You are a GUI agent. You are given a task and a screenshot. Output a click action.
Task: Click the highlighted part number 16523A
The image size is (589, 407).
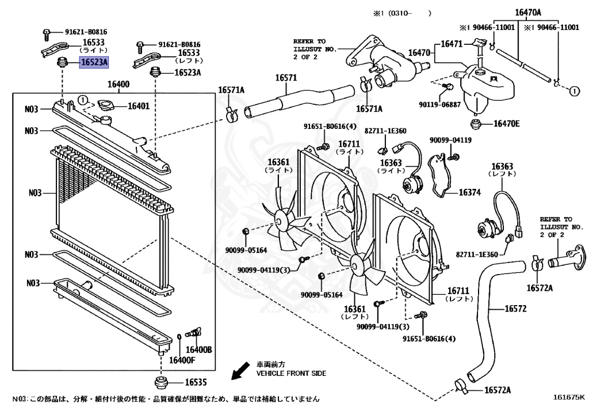pyautogui.click(x=93, y=63)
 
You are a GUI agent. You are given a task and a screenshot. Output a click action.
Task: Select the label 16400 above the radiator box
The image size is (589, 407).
pyautogui.click(x=118, y=85)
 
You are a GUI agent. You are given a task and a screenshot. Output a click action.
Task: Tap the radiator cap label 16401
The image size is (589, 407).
pyautogui.click(x=138, y=106)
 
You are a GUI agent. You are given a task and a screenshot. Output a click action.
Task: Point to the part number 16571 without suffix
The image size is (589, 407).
pyautogui.click(x=285, y=78)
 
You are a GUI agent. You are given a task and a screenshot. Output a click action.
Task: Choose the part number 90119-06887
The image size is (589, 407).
pyautogui.click(x=439, y=104)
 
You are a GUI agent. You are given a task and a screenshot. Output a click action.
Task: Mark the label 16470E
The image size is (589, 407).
pyautogui.click(x=506, y=124)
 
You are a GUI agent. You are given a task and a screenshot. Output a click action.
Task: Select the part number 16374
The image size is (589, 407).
pyautogui.click(x=469, y=193)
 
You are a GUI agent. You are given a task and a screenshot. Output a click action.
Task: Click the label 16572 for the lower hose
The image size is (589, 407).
pyautogui.click(x=515, y=309)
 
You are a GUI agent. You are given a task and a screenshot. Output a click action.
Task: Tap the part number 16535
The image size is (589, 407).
pyautogui.click(x=196, y=382)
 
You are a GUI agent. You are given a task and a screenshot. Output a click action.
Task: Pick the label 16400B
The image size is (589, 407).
pyautogui.click(x=198, y=349)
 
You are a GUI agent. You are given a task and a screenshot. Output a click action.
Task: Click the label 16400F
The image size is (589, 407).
pyautogui.click(x=182, y=360)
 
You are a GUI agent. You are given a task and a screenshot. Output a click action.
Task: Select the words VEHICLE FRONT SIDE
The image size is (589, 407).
pyautogui.click(x=291, y=374)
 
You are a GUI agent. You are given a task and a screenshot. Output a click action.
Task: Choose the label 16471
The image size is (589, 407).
pyautogui.click(x=453, y=44)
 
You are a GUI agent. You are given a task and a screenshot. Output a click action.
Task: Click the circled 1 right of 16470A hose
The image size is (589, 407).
pyautogui.click(x=573, y=90)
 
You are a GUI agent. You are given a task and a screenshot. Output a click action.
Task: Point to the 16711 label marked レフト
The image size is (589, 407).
pyautogui.click(x=459, y=294)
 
